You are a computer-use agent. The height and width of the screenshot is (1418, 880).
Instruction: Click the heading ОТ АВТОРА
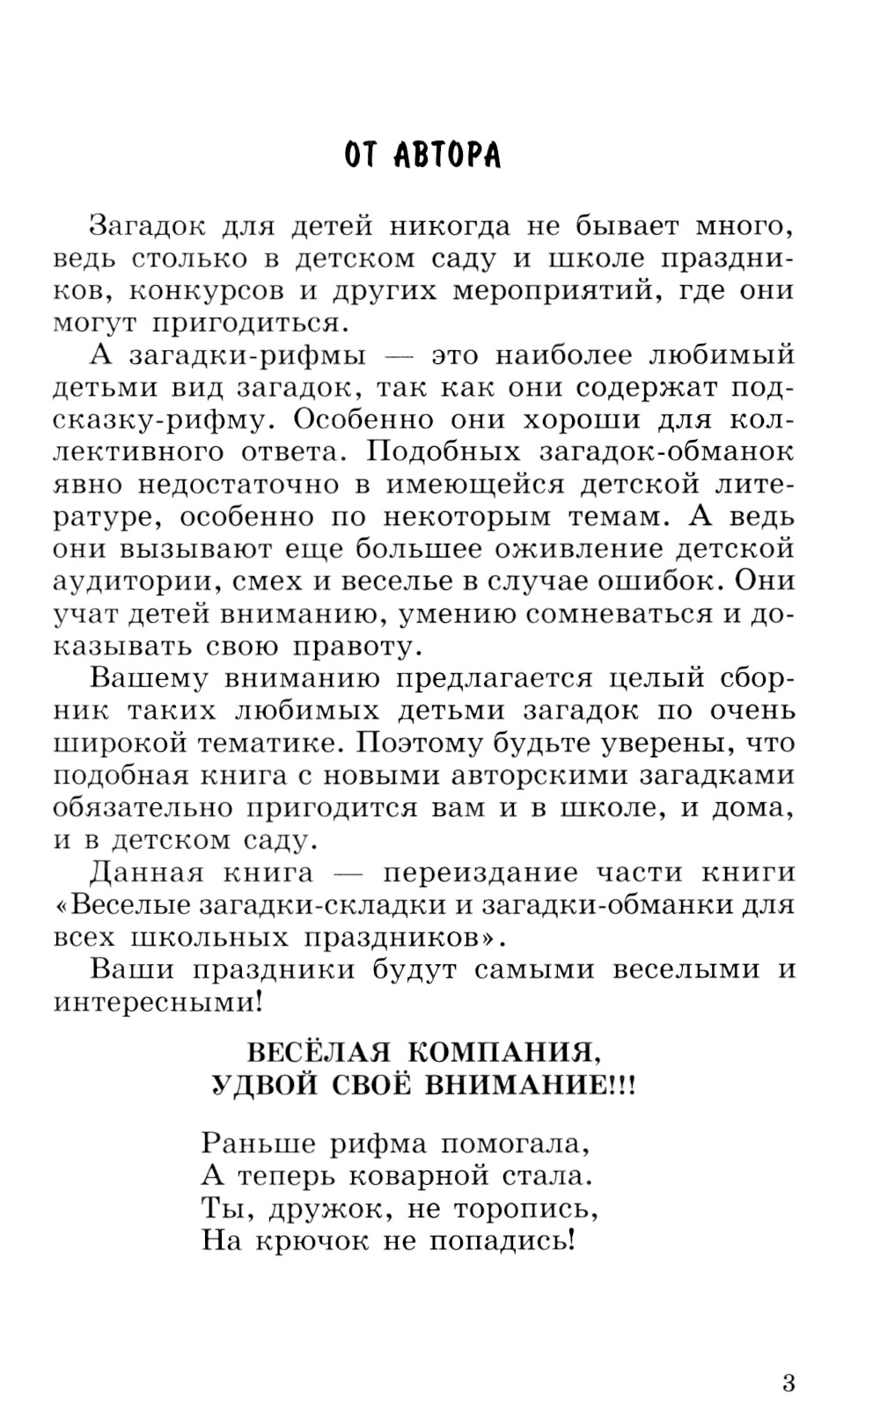pos(422,155)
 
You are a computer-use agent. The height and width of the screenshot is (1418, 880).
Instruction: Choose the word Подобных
pos(436,452)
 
